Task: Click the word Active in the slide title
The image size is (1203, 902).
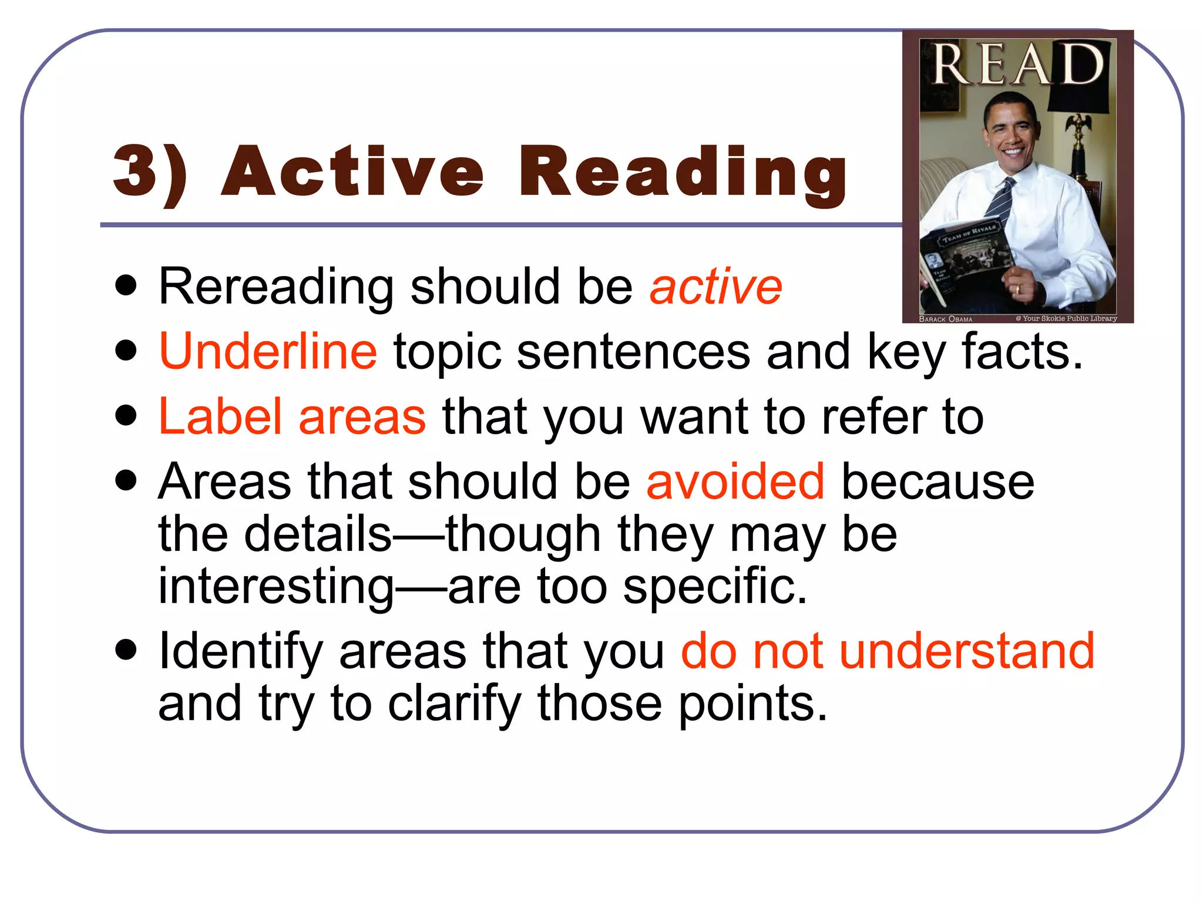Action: (x=352, y=171)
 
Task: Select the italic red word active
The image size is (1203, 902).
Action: (x=715, y=287)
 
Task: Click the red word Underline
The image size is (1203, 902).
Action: (x=268, y=351)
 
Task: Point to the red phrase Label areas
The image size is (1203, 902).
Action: (x=292, y=416)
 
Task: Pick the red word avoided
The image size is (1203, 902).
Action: (x=735, y=482)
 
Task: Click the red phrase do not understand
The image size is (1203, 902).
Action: (x=888, y=651)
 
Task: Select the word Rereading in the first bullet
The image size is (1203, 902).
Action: (x=276, y=287)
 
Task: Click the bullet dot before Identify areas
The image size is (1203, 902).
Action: (x=126, y=651)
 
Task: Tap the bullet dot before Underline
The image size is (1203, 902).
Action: (x=126, y=351)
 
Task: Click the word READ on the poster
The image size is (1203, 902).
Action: (x=1017, y=65)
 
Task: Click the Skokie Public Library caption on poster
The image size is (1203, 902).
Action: (x=1066, y=318)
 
